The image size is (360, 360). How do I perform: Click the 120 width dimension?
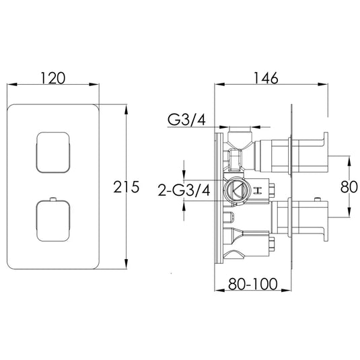[x=55, y=78]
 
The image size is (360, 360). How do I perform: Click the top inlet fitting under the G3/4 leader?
[x=240, y=138]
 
